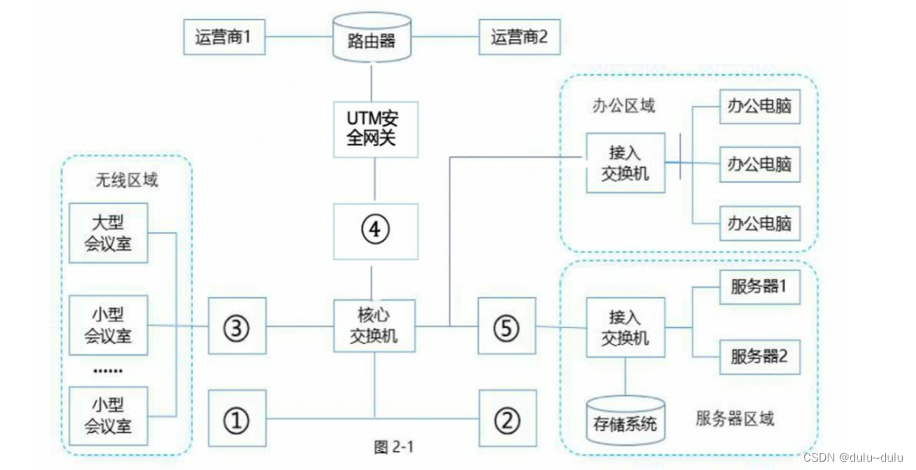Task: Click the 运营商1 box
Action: tap(223, 38)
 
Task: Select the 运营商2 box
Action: tap(519, 38)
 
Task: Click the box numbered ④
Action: tap(375, 230)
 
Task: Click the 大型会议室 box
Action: tap(108, 233)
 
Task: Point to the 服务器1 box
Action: tap(759, 288)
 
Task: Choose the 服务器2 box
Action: tap(759, 356)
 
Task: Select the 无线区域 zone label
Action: tap(127, 179)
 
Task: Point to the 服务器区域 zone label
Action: tap(734, 417)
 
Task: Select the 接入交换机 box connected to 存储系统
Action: tap(626, 328)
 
